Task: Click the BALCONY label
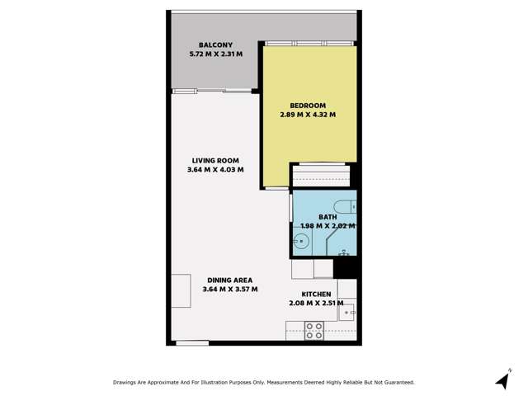[x=215, y=45]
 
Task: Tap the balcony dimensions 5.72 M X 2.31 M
[x=215, y=55]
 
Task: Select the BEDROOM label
[x=308, y=106]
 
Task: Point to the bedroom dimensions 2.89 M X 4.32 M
[x=308, y=115]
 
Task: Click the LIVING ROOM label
[x=215, y=161]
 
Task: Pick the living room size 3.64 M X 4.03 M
[x=215, y=171]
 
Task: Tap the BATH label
[x=328, y=216]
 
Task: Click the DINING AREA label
[x=230, y=280]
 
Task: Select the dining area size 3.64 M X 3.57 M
[x=230, y=290]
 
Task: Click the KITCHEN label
[x=316, y=294]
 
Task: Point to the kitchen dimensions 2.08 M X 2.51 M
[x=316, y=304]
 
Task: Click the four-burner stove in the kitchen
[x=314, y=331]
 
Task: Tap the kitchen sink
[x=349, y=311]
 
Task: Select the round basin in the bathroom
[x=302, y=242]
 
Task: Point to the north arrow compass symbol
[x=503, y=379]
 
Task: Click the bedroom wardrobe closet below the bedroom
[x=322, y=176]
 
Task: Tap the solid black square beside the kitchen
[x=345, y=268]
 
